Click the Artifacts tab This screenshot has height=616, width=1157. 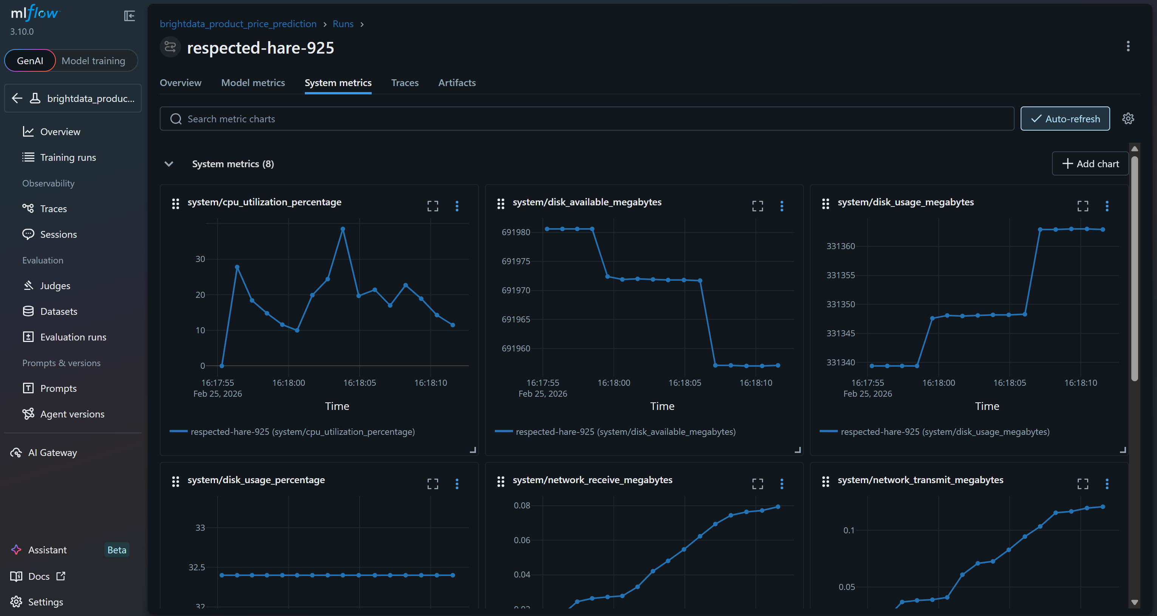pos(456,83)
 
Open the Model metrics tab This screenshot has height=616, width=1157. pos(253,83)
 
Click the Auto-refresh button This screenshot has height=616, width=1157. pos(1064,119)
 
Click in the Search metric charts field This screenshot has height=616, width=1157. pos(584,119)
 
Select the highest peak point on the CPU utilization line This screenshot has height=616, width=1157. pos(343,229)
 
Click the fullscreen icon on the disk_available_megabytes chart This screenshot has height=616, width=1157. pos(757,206)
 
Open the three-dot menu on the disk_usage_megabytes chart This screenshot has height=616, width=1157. pos(1107,206)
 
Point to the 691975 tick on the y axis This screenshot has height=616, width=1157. pos(516,261)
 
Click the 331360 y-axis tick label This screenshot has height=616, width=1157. pos(840,246)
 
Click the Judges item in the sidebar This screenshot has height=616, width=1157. pos(55,286)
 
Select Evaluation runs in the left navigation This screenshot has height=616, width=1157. pos(73,337)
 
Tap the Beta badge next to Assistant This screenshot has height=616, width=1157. pos(117,550)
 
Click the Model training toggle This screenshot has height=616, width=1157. pos(93,60)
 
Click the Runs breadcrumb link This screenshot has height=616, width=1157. pos(343,24)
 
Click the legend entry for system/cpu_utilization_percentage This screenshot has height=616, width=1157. pos(302,431)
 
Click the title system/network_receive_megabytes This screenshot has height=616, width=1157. pos(592,480)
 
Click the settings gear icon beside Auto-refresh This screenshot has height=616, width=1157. pos(1128,119)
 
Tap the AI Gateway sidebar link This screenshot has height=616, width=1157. pos(52,452)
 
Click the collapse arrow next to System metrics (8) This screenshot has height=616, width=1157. pos(169,164)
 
